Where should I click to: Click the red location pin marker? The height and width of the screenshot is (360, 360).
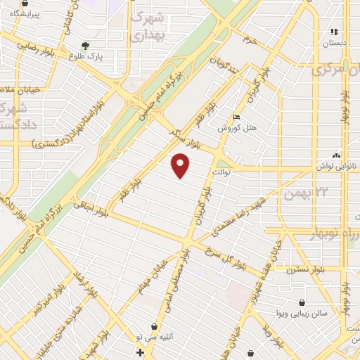[x=181, y=166]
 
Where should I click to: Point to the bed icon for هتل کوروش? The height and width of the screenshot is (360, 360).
[x=237, y=117]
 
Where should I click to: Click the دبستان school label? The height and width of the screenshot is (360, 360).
[x=335, y=42]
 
